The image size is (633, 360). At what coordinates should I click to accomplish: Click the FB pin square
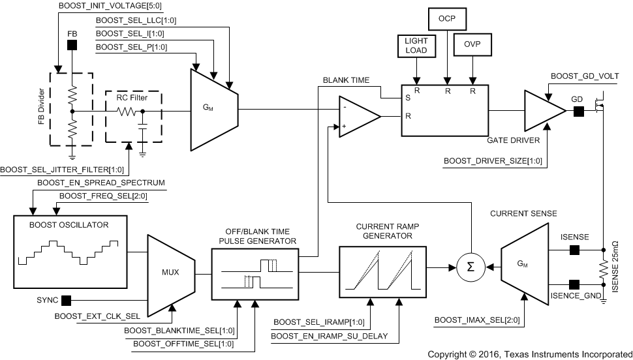[72, 45]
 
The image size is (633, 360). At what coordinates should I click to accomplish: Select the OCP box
[446, 20]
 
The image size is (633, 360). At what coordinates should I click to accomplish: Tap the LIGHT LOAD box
[416, 46]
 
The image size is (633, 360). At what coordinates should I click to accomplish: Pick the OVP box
[472, 46]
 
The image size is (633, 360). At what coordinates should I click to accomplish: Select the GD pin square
[578, 112]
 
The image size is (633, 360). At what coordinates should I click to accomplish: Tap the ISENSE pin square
[574, 250]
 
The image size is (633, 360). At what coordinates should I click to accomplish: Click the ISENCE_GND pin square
[574, 284]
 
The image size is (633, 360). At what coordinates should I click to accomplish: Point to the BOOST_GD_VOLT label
[584, 76]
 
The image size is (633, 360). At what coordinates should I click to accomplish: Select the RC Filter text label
[132, 98]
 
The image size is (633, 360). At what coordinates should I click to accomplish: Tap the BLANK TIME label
[346, 80]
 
